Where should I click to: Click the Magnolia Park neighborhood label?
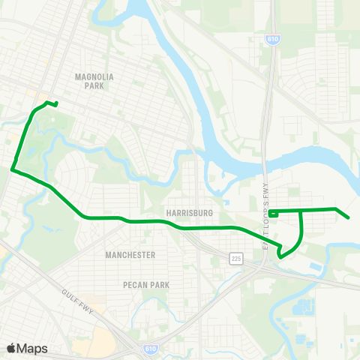[94, 81]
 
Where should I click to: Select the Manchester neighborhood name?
[130, 255]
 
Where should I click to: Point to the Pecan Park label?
[146, 285]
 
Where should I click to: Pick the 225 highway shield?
[235, 259]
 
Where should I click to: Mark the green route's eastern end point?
[349, 218]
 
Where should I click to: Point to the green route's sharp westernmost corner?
[12, 169]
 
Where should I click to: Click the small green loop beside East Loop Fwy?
[274, 213]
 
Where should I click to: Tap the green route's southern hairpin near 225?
[280, 255]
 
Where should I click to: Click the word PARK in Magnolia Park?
[94, 86]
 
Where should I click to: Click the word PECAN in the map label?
[135, 285]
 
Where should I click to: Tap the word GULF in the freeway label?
[70, 292]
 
